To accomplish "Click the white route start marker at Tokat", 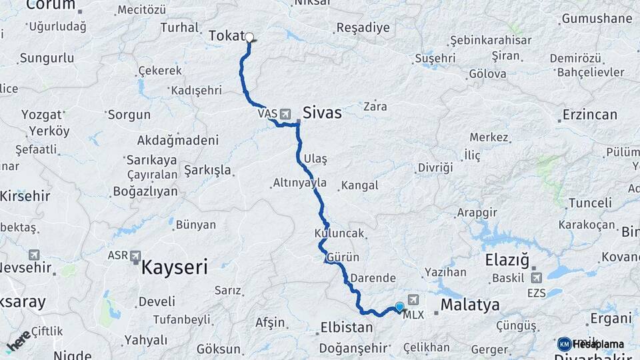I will click(250, 37).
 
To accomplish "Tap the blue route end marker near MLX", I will click(399, 307).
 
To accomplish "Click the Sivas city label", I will click(323, 113).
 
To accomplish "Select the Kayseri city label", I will click(174, 268).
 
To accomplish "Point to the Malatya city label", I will click(471, 306).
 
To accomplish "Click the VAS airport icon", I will click(285, 114).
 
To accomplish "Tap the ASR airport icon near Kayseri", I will click(135, 255).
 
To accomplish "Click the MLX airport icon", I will click(413, 301).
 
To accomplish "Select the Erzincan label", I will click(590, 115).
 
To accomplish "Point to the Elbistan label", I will click(345, 328).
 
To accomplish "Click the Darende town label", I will click(373, 279).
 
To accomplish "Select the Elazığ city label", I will click(507, 259).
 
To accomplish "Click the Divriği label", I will click(435, 167).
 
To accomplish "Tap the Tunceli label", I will click(590, 203).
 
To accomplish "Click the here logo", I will click(19, 339).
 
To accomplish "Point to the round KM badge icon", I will click(564, 344).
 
